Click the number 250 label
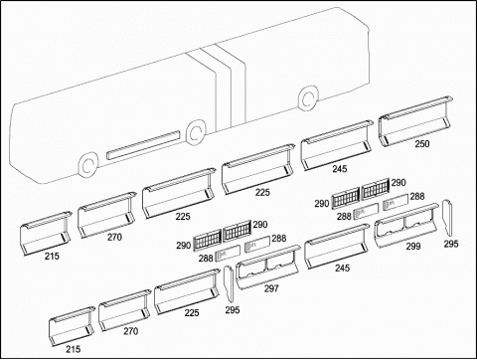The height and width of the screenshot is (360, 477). click(x=422, y=144)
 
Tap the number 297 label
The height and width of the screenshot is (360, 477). click(x=271, y=288)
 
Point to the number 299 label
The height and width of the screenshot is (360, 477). click(x=413, y=246)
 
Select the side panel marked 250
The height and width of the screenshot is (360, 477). click(x=415, y=121)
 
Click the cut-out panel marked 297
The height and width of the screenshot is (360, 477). click(x=267, y=268)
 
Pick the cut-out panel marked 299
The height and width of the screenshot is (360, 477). click(x=407, y=226)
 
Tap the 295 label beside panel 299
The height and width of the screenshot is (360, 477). click(x=451, y=244)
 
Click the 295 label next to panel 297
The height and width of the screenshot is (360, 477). click(x=233, y=310)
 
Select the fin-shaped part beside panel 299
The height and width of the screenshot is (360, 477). click(x=447, y=218)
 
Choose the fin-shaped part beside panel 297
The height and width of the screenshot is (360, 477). click(x=229, y=284)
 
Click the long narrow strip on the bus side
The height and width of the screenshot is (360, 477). click(x=143, y=145)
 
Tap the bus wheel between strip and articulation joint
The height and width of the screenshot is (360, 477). click(x=196, y=132)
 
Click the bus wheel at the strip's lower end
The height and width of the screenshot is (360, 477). click(x=88, y=165)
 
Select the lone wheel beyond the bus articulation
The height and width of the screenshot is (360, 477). click(x=308, y=97)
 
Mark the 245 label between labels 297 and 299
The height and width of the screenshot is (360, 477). click(x=342, y=268)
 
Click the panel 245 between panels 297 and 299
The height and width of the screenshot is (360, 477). click(x=337, y=246)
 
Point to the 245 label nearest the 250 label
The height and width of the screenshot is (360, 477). click(x=340, y=169)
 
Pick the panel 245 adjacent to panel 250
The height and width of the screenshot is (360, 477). click(x=337, y=145)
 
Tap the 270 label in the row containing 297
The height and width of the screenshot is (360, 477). click(x=131, y=331)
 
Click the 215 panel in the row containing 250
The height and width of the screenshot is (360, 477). click(x=46, y=234)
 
